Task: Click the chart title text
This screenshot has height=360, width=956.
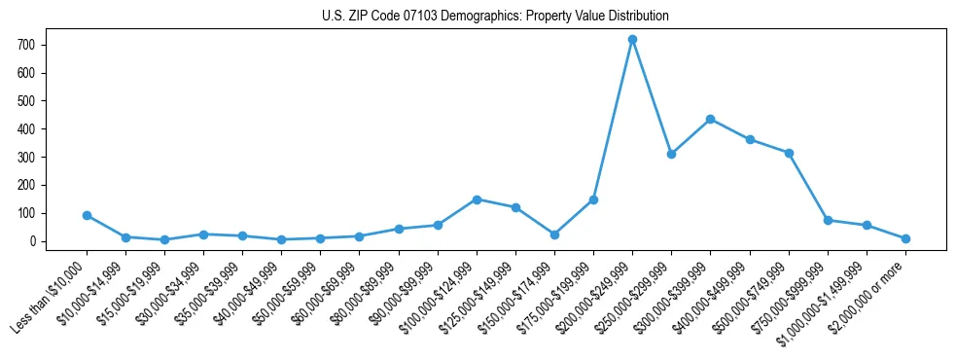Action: click(x=495, y=16)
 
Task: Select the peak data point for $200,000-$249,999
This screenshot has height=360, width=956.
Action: click(x=632, y=39)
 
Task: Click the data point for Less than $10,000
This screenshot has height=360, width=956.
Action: click(x=87, y=215)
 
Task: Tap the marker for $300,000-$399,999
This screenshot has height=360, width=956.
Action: click(x=710, y=119)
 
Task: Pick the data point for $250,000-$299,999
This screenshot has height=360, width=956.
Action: click(x=671, y=154)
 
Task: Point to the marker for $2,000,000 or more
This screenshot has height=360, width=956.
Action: click(x=905, y=238)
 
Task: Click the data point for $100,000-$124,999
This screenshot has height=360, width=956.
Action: click(x=477, y=199)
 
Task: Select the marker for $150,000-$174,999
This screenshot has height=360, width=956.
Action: click(x=554, y=234)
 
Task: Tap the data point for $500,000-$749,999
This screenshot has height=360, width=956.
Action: click(x=789, y=153)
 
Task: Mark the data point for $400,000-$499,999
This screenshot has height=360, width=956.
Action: click(x=750, y=139)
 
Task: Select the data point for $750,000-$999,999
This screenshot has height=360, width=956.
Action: click(x=828, y=220)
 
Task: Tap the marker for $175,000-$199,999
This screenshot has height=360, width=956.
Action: click(x=593, y=199)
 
